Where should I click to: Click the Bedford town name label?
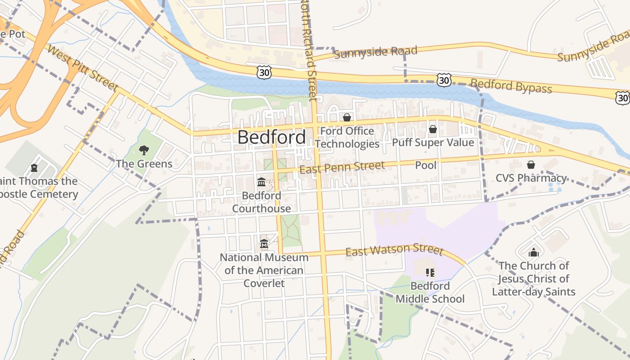point(271,137)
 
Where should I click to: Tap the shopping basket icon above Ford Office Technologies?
point(347,118)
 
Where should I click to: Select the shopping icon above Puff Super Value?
point(432,130)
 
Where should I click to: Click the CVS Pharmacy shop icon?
point(531,165)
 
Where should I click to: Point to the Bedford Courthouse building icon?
point(261,182)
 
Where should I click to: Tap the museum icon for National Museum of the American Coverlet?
point(264,244)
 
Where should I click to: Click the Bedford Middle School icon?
point(430,273)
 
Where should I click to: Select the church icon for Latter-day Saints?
point(534,252)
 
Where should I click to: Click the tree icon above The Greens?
point(144,150)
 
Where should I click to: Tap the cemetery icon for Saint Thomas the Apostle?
point(34,168)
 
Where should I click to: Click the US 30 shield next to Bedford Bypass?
point(444,81)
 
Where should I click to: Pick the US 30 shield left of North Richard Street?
point(265,72)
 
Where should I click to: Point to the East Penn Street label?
point(342,167)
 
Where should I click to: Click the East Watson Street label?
point(394,250)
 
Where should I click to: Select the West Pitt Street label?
point(82,68)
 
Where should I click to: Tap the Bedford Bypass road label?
point(511,86)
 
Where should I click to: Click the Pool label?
point(426,165)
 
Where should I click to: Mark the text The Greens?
point(144,163)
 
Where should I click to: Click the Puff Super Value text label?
point(433,143)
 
